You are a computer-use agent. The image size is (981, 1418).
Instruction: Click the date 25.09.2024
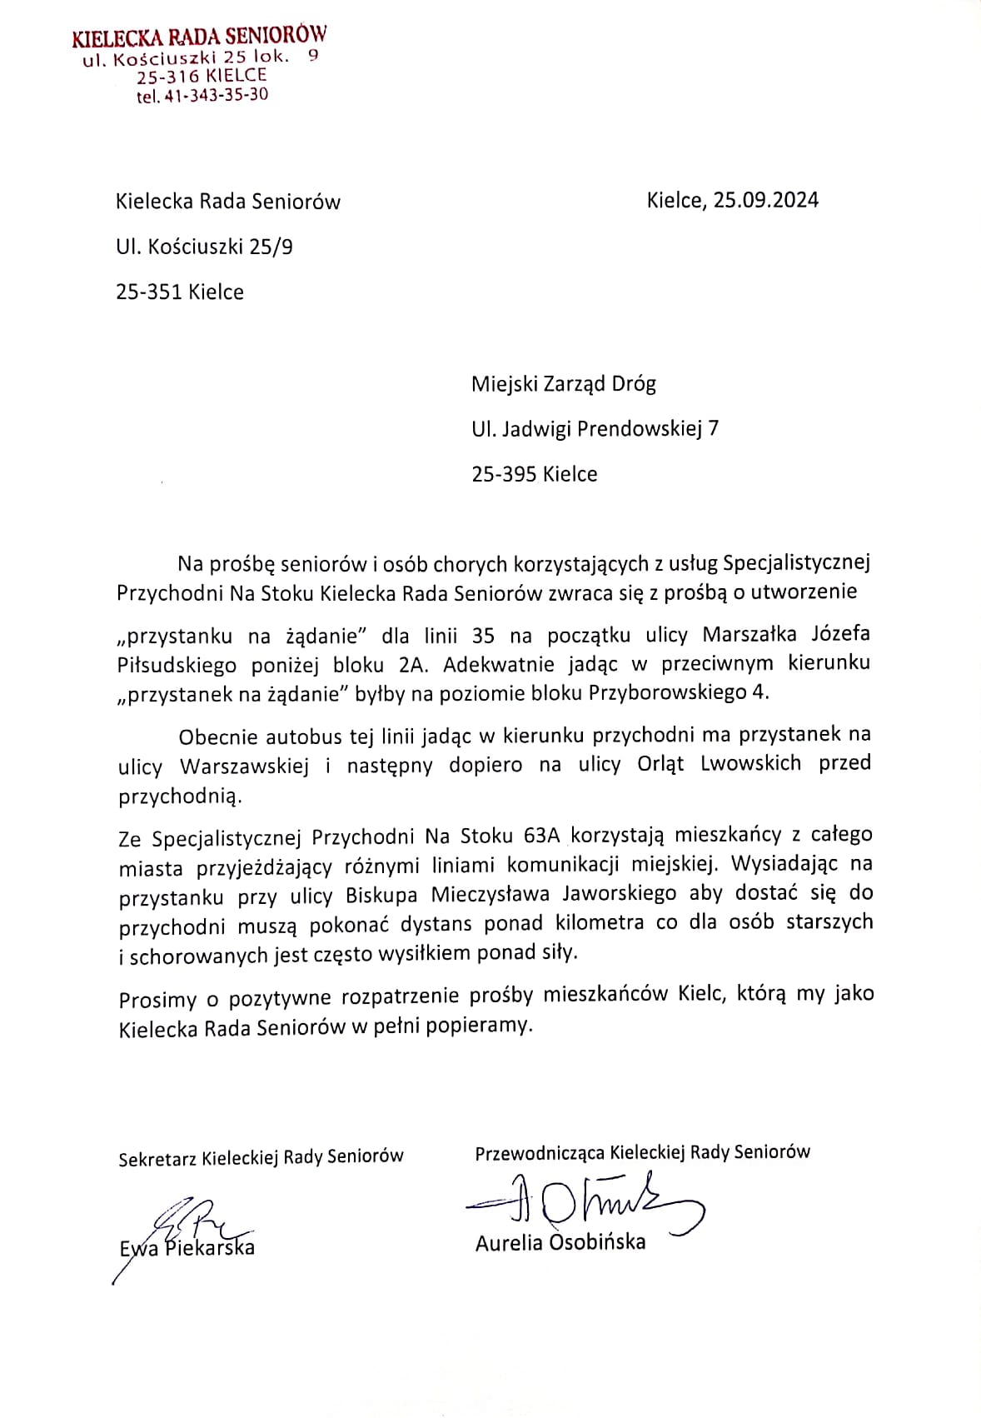[x=765, y=200]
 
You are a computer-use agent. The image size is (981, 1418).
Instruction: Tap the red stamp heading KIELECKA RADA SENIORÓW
[x=199, y=37]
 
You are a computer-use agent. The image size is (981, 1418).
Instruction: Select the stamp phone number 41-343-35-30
[x=216, y=95]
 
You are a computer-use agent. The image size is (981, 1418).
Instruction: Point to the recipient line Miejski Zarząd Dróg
[x=563, y=384]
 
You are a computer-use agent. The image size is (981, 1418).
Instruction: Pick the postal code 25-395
[x=503, y=474]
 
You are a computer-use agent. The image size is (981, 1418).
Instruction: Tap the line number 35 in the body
[x=483, y=636]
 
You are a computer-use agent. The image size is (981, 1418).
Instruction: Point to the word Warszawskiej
[x=244, y=766]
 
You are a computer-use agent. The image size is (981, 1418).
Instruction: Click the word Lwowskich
[x=750, y=764]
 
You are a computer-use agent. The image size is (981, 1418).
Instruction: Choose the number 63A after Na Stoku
[x=542, y=835]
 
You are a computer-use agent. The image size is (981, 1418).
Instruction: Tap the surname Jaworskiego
[x=619, y=894]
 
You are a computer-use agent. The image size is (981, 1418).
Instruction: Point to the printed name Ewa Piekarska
[x=187, y=1248]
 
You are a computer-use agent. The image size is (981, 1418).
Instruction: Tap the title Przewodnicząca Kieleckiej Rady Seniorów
[x=642, y=1152]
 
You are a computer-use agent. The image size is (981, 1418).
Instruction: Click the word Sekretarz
[x=157, y=1158]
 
